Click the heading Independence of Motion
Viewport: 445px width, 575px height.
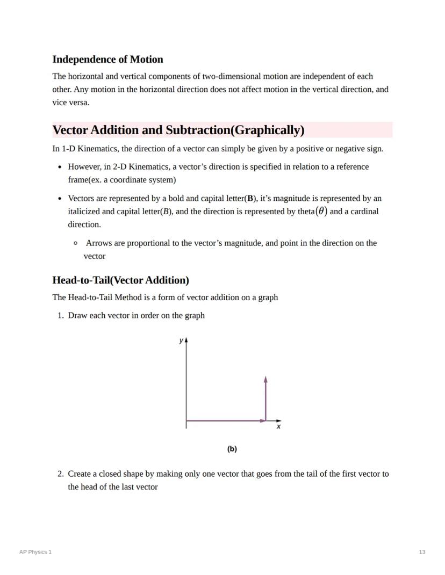click(107, 60)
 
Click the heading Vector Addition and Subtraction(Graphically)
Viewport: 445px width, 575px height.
click(178, 130)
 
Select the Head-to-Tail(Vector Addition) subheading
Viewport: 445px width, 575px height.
click(120, 280)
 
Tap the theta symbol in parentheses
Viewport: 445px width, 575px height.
click(321, 211)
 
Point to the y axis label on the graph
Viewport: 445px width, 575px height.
click(181, 340)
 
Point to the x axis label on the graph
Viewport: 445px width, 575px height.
click(278, 427)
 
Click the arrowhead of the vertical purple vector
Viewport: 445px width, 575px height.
click(266, 380)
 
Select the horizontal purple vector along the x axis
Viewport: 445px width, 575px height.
click(226, 420)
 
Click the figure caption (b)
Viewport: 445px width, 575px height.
click(232, 449)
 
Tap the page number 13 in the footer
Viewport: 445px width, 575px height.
click(422, 552)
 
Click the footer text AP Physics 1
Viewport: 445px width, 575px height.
click(35, 552)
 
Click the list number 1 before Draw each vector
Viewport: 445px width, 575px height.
click(60, 316)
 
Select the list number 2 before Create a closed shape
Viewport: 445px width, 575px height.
click(60, 474)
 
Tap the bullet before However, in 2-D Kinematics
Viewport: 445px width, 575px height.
click(60, 167)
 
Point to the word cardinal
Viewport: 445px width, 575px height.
click(361, 212)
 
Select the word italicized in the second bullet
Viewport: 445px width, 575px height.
click(84, 212)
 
